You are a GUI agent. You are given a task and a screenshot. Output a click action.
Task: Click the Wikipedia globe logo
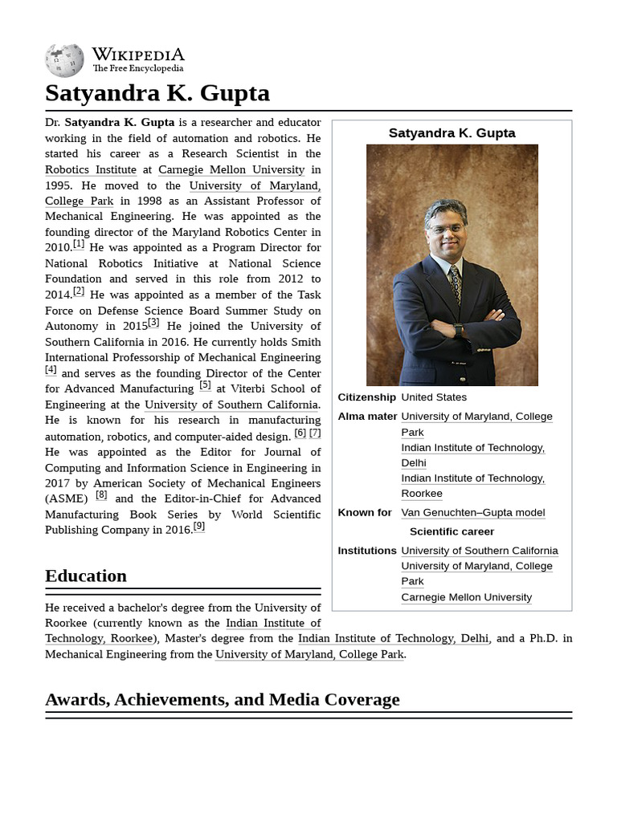(x=64, y=60)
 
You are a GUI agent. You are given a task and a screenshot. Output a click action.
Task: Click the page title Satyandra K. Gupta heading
(x=157, y=93)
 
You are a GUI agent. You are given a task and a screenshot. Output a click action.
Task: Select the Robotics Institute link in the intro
(x=90, y=169)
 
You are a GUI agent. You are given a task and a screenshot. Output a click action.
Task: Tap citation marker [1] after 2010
(x=79, y=244)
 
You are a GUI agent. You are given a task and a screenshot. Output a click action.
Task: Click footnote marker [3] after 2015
(x=153, y=323)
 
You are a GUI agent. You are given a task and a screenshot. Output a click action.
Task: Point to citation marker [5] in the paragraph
(x=205, y=385)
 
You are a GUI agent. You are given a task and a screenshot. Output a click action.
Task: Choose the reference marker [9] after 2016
(x=198, y=527)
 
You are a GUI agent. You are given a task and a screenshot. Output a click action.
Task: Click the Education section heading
(x=86, y=576)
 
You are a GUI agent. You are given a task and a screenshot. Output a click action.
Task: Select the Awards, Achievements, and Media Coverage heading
(x=222, y=699)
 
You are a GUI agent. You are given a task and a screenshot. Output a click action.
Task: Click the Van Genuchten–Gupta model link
(x=472, y=512)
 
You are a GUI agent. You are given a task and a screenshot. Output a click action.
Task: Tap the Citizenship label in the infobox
(x=366, y=397)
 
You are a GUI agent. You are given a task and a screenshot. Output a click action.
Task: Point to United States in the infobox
(x=434, y=397)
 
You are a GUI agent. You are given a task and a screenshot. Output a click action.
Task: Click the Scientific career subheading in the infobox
(x=452, y=531)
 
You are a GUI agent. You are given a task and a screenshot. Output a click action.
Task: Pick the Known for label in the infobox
(x=365, y=512)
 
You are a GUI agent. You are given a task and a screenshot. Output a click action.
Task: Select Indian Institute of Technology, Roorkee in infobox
(x=472, y=486)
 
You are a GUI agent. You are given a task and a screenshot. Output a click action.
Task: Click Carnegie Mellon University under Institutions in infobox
(x=466, y=597)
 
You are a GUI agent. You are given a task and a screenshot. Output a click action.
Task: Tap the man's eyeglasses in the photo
(x=446, y=229)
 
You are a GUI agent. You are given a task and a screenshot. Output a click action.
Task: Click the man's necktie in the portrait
(x=456, y=285)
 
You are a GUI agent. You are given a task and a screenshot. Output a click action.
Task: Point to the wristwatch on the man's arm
(x=458, y=330)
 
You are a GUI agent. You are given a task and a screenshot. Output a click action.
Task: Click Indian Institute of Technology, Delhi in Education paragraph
(x=393, y=638)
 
